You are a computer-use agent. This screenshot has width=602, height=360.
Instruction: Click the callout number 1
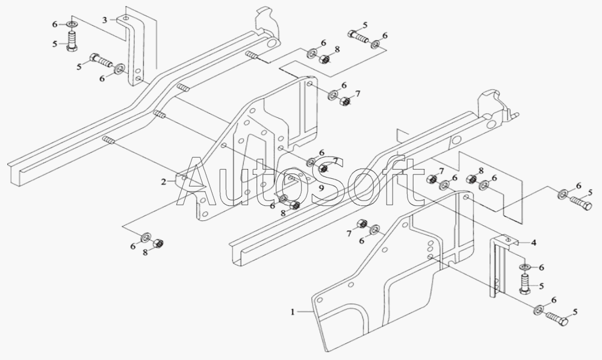tap(293, 312)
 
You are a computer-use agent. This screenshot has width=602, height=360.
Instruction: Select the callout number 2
tap(164, 182)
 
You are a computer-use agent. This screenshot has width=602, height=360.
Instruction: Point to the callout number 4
tap(533, 243)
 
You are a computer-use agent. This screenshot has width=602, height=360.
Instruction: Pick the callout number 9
tap(321, 188)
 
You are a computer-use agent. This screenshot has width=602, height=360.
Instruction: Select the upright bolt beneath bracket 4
tap(524, 284)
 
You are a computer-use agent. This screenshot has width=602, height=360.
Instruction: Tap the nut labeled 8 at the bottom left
tap(158, 243)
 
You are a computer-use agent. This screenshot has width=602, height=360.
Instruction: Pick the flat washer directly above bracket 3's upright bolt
tap(72, 25)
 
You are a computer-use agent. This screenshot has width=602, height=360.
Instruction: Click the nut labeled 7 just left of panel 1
tap(361, 224)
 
